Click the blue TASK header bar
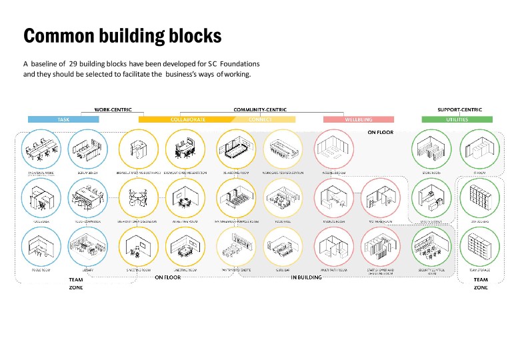(x=63, y=119)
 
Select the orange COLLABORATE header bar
(x=187, y=119)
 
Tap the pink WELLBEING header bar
(x=358, y=119)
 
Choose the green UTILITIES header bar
(x=457, y=119)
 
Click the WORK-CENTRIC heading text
(x=113, y=109)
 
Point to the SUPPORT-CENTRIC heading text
(x=459, y=109)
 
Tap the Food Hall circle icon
(x=284, y=197)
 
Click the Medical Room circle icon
(x=333, y=197)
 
